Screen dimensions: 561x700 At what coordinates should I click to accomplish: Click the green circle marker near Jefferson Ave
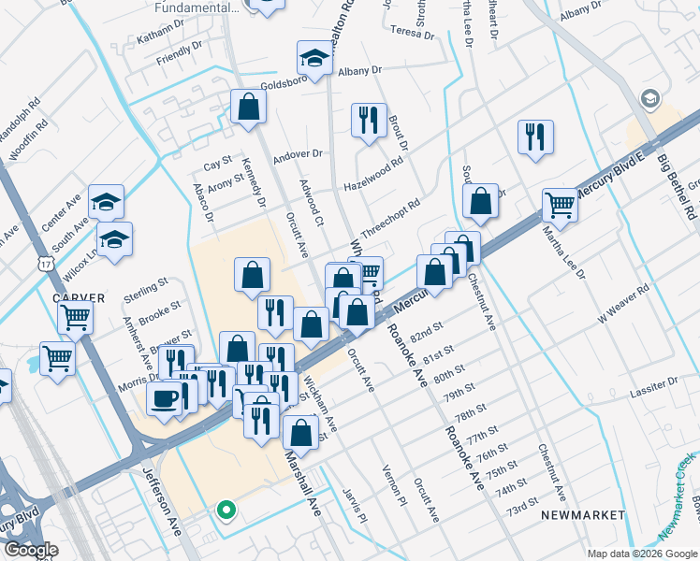(225, 510)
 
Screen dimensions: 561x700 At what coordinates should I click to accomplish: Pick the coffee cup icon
(165, 399)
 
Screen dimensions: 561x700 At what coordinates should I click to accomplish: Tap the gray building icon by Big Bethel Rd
(649, 99)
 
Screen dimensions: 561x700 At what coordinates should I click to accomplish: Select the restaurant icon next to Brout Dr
(368, 120)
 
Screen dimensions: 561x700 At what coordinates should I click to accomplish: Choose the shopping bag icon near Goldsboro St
(248, 107)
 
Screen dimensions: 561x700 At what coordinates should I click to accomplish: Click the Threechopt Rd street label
(389, 217)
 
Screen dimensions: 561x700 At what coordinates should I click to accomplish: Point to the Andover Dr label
(298, 155)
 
